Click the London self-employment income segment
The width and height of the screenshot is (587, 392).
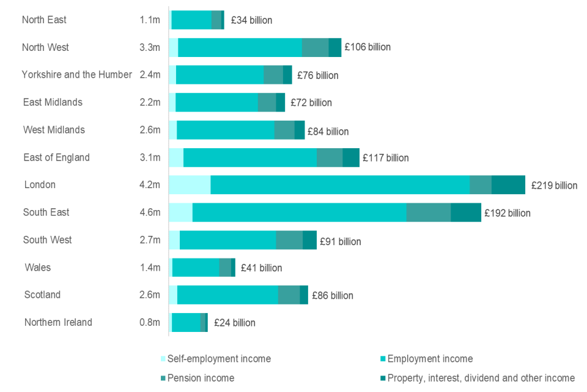click(190, 184)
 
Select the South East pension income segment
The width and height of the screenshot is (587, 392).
click(429, 212)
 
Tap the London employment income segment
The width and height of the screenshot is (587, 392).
click(340, 184)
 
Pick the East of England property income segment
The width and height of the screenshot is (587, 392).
click(351, 157)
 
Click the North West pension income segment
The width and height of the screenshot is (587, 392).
click(316, 47)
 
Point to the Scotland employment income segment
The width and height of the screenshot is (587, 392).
click(227, 295)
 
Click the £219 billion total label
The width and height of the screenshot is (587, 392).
click(554, 185)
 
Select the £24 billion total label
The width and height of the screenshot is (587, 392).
click(235, 323)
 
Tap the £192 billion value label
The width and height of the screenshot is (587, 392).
click(508, 213)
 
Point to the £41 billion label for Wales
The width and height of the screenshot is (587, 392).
click(262, 268)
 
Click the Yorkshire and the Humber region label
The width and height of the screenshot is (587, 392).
click(77, 75)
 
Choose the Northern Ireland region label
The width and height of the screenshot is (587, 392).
click(58, 322)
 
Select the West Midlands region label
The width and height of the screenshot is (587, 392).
click(54, 130)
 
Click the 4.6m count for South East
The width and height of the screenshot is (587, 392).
click(150, 213)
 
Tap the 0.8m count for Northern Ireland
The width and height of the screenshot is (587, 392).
click(150, 323)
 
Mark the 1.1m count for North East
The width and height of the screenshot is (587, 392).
click(150, 20)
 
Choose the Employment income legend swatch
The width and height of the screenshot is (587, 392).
click(383, 359)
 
